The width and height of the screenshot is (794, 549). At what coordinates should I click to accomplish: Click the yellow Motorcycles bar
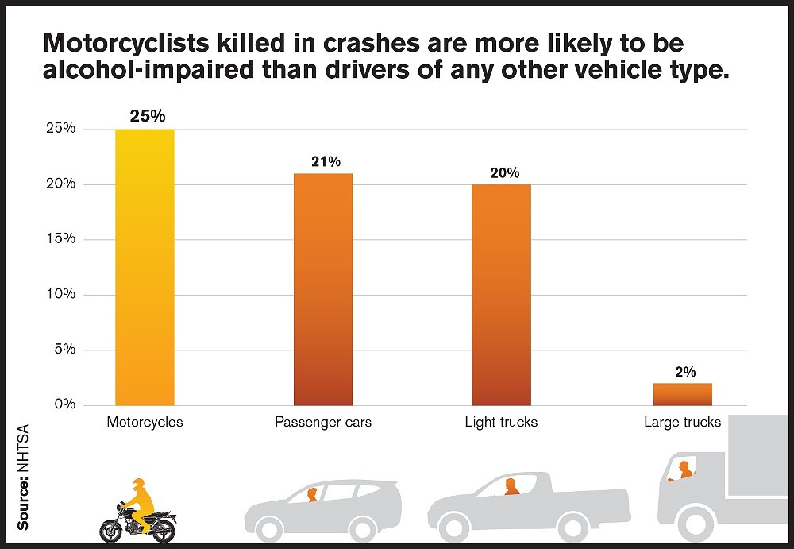145,267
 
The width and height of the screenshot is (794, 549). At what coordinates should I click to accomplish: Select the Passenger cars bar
323,289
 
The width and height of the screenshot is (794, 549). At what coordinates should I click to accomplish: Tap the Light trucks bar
502,295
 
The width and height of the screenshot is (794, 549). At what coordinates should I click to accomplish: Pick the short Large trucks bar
683,394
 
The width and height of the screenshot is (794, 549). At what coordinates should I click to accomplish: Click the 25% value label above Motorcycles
148,116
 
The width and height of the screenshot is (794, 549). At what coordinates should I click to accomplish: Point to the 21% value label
326,161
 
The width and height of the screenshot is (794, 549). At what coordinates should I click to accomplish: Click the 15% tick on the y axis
60,239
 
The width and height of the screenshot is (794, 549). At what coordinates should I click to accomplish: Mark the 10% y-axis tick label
60,294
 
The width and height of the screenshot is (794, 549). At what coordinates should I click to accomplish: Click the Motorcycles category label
145,422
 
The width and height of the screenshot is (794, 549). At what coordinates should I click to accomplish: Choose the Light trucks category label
501,422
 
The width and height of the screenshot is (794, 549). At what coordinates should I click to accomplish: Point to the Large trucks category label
682,422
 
